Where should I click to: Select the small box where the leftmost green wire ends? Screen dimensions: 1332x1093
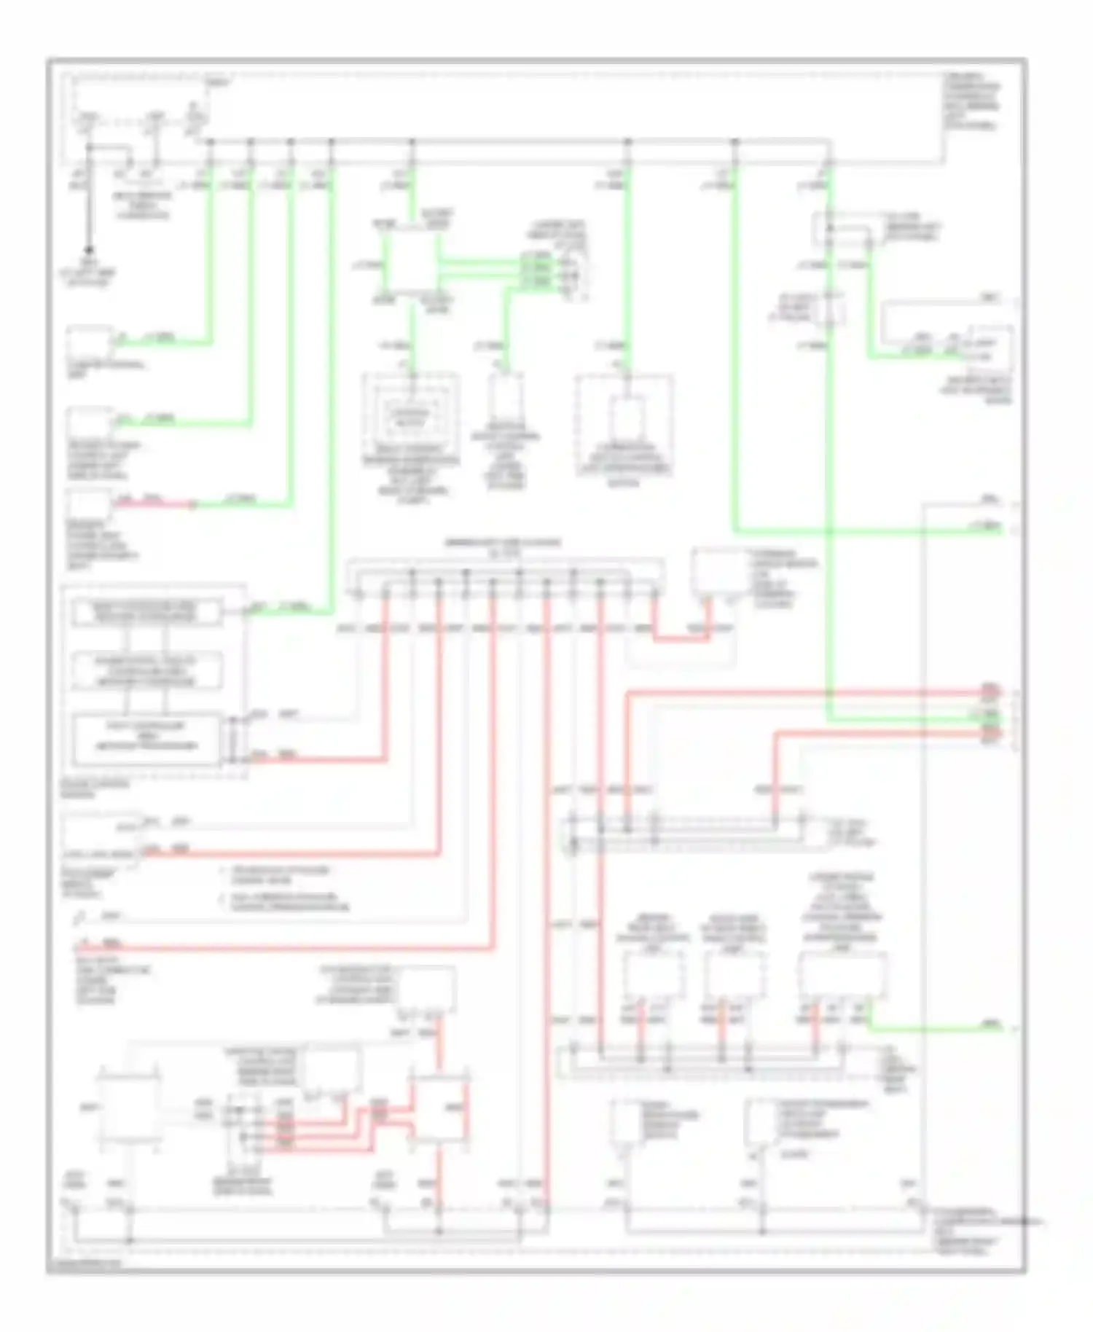coord(89,342)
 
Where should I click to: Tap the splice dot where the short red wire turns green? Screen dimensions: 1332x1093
coord(193,504)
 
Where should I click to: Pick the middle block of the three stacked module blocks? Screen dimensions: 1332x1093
coord(146,671)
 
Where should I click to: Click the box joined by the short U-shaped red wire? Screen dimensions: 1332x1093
coord(718,573)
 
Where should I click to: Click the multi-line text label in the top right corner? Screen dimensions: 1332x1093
coord(972,101)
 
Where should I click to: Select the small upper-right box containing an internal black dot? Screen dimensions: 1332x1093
coord(842,229)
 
